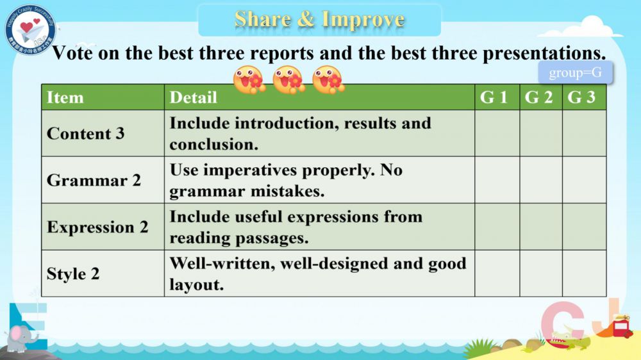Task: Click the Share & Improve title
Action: click(x=319, y=19)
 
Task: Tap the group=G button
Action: click(x=575, y=73)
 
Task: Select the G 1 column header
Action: click(x=494, y=97)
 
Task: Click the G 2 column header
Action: click(x=538, y=97)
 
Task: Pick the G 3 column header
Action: click(x=581, y=97)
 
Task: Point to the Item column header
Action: click(x=65, y=97)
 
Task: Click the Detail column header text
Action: click(x=193, y=97)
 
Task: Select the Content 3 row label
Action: click(x=85, y=134)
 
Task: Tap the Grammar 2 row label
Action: click(x=94, y=180)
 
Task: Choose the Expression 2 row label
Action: click(x=97, y=227)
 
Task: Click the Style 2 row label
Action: click(x=73, y=274)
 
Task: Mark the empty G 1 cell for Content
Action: click(x=497, y=133)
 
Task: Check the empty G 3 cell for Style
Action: click(x=584, y=274)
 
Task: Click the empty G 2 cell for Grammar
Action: click(x=541, y=180)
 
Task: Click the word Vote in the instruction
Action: click(x=72, y=53)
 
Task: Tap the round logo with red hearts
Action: click(x=30, y=29)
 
